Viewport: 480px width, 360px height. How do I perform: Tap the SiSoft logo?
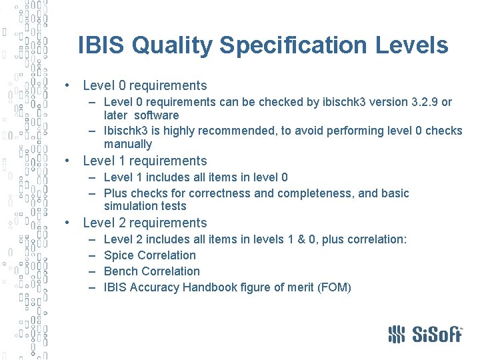tap(425, 333)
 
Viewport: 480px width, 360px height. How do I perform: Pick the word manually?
tap(128, 144)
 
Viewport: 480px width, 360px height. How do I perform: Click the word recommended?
tap(231, 131)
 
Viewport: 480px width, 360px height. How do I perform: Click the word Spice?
tap(119, 255)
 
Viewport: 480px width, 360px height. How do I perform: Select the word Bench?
tap(121, 271)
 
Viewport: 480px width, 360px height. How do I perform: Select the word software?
tap(157, 115)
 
